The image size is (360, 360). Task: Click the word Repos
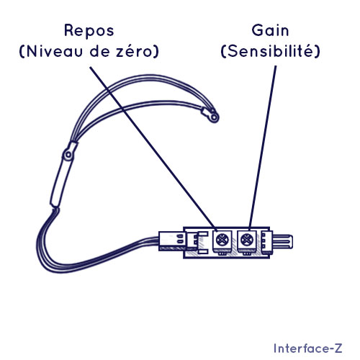89,31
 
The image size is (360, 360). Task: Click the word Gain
270,30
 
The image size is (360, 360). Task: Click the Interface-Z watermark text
308,348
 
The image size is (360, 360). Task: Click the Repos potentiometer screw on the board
222,240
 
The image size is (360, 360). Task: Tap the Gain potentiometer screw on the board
246,240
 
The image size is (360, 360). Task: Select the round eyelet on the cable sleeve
68,155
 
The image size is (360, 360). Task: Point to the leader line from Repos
153,147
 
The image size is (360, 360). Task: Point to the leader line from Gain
263,147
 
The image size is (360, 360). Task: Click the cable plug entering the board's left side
172,241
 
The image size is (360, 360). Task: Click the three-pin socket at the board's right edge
266,242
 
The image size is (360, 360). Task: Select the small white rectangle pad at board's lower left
203,251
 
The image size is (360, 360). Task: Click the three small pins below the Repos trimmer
222,253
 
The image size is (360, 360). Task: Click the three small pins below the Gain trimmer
246,253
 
